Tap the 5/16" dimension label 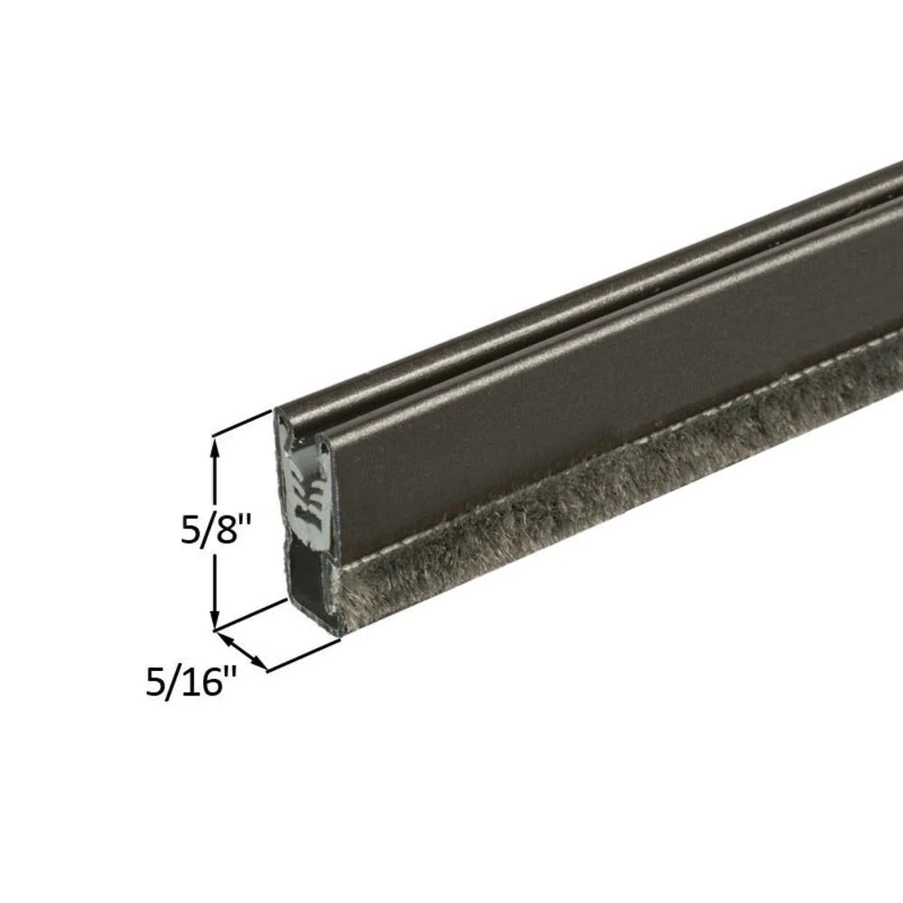[191, 682]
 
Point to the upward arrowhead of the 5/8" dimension [216, 444]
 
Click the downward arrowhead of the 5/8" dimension [216, 622]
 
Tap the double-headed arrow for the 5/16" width [242, 651]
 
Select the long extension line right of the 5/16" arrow [303, 656]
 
